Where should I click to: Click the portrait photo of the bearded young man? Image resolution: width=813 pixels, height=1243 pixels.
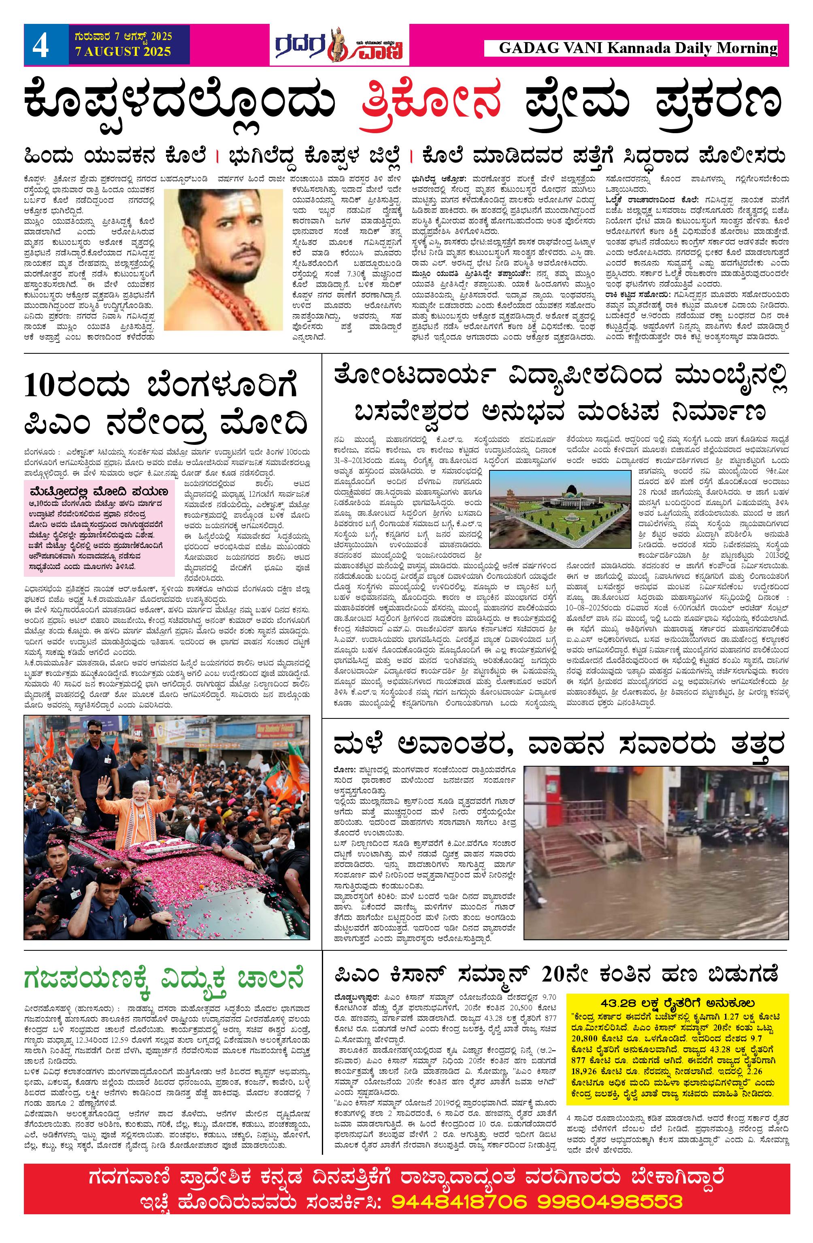(223, 259)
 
